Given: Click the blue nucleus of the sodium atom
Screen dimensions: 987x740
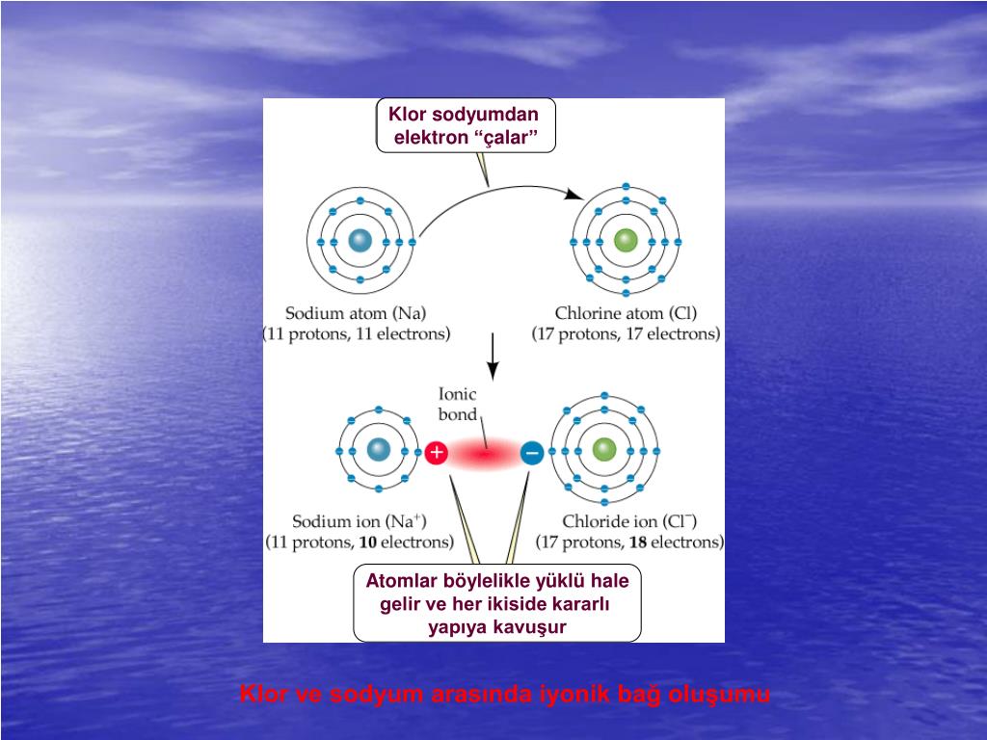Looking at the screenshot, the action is [x=360, y=242].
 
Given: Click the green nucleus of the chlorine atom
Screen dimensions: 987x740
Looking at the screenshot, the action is [x=626, y=241].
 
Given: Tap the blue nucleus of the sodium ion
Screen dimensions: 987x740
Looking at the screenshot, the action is [x=377, y=450].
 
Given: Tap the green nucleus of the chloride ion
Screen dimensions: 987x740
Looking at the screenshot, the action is [x=604, y=449].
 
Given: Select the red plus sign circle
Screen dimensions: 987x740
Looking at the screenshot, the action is [x=437, y=451].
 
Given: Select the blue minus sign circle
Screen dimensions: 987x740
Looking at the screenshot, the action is [x=531, y=451].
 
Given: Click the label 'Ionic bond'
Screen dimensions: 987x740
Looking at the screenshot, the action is [x=458, y=404].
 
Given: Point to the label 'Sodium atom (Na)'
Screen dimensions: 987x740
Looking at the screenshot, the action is [x=356, y=313].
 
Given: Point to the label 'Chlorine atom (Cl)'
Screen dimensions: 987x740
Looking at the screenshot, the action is [x=626, y=313].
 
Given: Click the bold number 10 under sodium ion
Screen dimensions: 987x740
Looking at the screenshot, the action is [x=367, y=542].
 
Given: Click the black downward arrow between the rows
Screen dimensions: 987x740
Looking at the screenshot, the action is [x=493, y=358].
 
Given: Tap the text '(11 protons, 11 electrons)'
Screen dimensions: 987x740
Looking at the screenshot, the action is [x=357, y=334].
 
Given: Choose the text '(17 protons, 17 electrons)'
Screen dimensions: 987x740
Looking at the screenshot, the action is [x=627, y=334].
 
